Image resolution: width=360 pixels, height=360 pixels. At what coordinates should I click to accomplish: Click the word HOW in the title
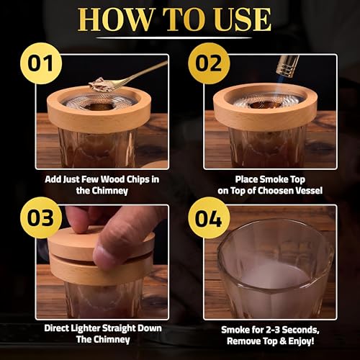(x=116, y=19)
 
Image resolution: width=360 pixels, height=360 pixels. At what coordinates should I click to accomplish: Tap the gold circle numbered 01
(x=41, y=63)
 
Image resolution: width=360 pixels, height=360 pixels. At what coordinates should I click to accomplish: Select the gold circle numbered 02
(x=209, y=63)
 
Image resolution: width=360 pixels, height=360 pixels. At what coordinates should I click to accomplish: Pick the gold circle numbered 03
(x=41, y=217)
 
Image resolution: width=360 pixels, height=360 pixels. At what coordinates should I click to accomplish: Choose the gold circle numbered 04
(x=209, y=217)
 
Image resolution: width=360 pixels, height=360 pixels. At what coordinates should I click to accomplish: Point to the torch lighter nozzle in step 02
(x=287, y=66)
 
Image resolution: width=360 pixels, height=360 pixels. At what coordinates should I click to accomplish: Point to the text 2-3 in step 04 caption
(x=272, y=330)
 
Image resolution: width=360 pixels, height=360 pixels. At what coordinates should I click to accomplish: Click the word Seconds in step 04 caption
(x=300, y=330)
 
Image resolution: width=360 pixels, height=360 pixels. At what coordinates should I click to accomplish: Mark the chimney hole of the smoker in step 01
(x=99, y=107)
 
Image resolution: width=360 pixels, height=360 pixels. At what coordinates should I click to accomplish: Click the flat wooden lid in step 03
(x=101, y=243)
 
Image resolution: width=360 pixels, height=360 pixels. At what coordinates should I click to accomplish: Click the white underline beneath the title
(x=174, y=37)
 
